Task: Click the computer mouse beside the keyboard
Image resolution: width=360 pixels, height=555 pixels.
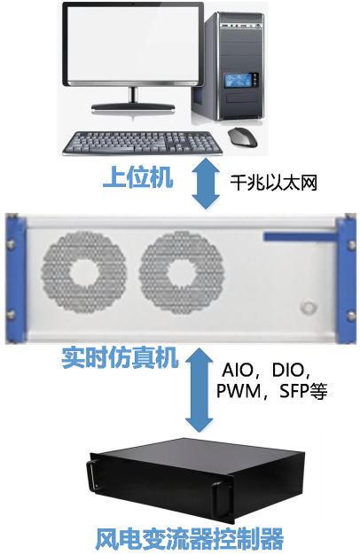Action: click(x=242, y=137)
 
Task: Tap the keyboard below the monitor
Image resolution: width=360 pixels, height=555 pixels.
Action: click(x=142, y=144)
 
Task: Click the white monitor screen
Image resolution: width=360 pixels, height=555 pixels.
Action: click(x=133, y=44)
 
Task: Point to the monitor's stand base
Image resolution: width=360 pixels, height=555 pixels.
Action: click(x=133, y=107)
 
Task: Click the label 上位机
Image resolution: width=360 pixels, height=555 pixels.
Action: click(x=137, y=177)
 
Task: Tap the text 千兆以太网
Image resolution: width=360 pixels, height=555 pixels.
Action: click(x=273, y=183)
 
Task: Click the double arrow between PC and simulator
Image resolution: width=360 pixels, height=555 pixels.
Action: click(x=206, y=183)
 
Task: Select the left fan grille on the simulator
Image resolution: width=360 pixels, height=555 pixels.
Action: click(x=84, y=272)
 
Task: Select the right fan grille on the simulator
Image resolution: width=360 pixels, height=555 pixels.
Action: click(x=182, y=272)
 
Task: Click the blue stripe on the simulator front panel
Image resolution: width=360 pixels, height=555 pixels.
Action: click(x=300, y=237)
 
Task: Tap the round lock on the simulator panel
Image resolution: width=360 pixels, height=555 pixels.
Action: click(x=309, y=308)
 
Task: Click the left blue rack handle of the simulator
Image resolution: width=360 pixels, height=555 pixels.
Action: click(x=16, y=278)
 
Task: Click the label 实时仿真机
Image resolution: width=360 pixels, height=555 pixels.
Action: click(x=120, y=357)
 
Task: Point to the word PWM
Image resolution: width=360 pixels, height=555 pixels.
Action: click(x=239, y=391)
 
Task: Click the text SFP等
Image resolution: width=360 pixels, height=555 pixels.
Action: click(x=303, y=391)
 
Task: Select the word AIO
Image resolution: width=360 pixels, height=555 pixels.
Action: click(x=238, y=371)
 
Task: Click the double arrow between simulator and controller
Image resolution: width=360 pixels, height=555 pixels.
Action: click(x=200, y=389)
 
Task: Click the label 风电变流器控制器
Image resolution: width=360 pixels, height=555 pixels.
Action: click(x=190, y=539)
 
